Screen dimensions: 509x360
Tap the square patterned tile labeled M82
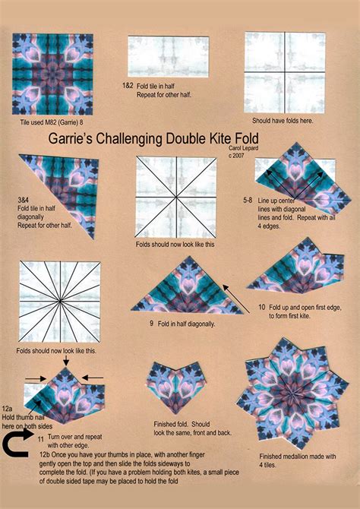52,74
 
